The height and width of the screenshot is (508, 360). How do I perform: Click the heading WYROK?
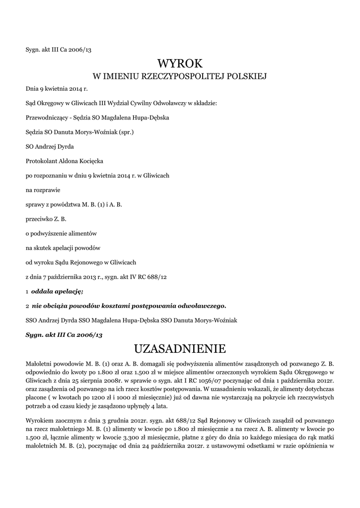click(180, 63)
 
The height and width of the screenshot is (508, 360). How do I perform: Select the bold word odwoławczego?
click(200, 305)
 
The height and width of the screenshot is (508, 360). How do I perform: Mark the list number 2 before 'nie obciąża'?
click(27, 305)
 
